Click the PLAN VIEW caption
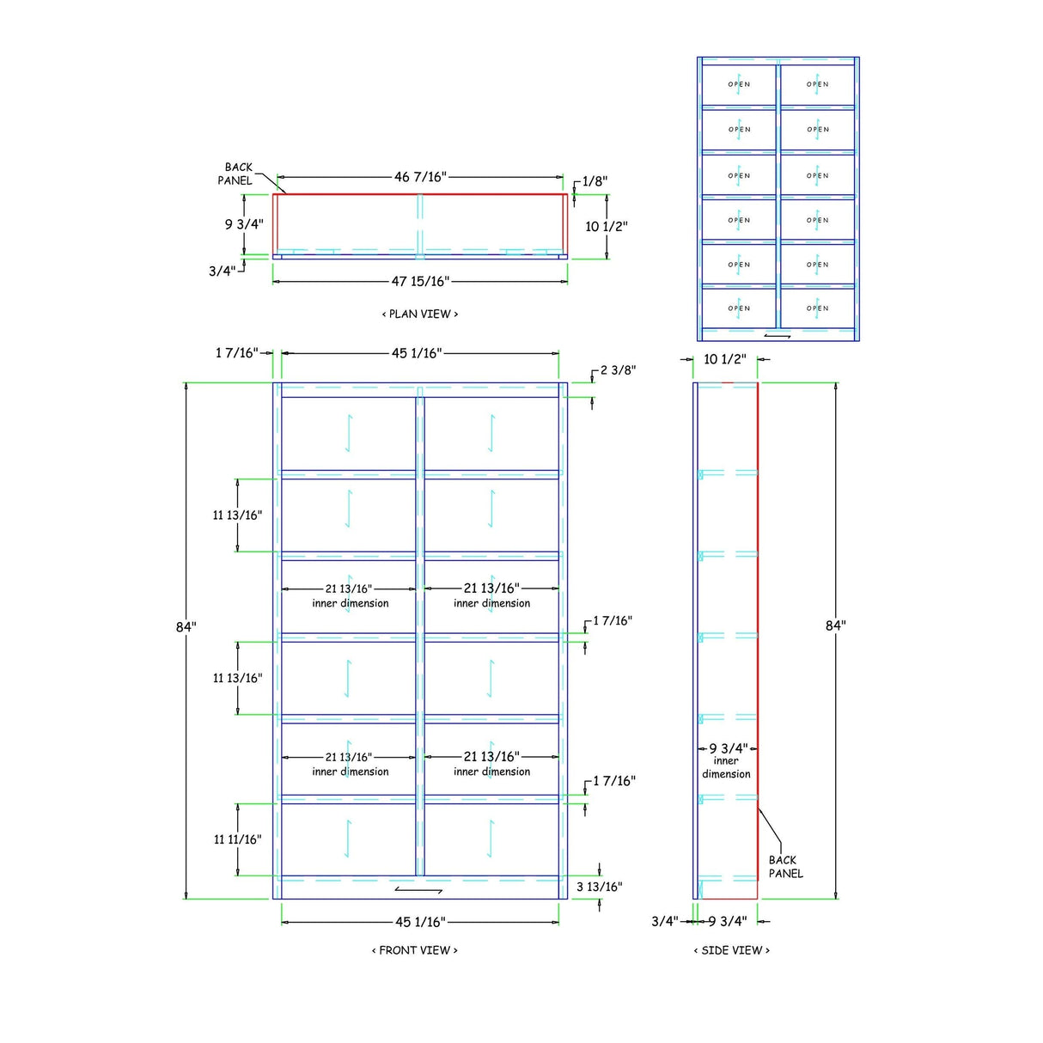(420, 314)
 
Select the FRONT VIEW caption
(414, 950)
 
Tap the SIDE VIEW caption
(732, 950)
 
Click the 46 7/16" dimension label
(420, 177)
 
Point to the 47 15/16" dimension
(420, 282)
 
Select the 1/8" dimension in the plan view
(595, 181)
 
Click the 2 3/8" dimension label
(617, 370)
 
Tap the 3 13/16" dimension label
(599, 887)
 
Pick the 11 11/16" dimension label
(237, 839)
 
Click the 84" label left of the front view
(186, 627)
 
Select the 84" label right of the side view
(835, 625)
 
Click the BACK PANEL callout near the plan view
(236, 174)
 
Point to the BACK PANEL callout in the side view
(785, 867)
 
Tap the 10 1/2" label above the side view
(724, 359)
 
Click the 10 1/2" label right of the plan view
(607, 227)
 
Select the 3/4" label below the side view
(664, 922)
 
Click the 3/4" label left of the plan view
(221, 271)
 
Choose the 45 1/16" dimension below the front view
(420, 922)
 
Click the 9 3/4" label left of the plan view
(244, 224)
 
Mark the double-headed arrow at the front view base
(419, 889)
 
